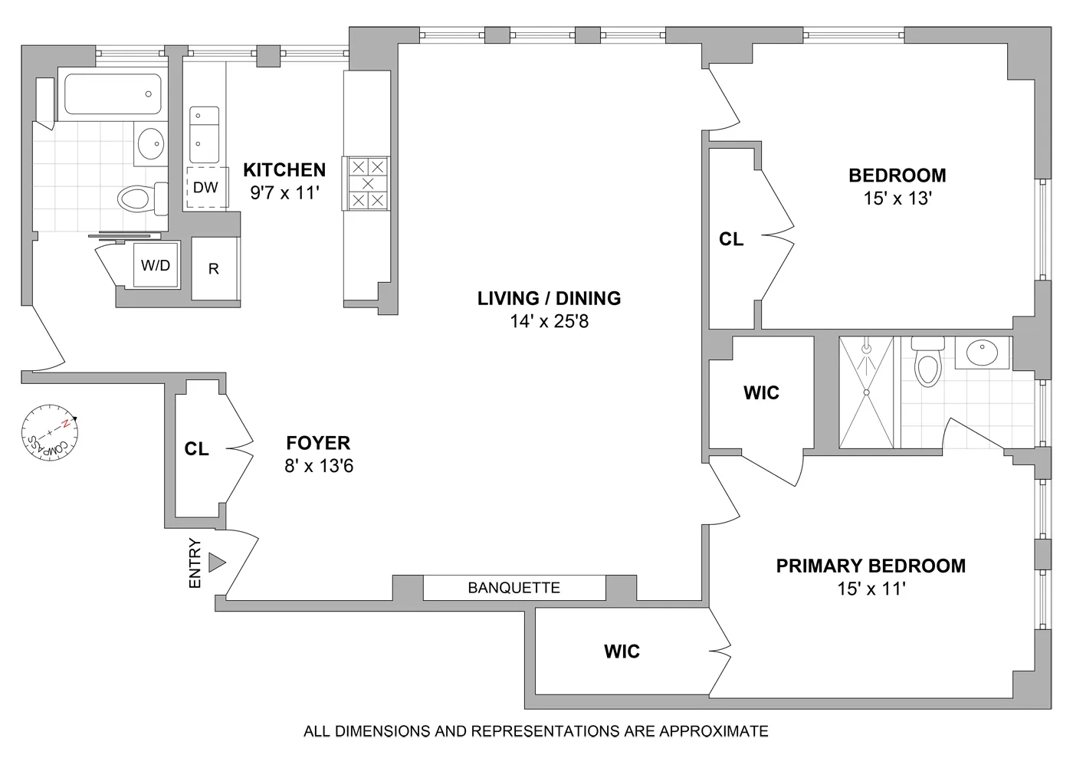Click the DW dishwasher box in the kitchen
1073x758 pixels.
(x=206, y=187)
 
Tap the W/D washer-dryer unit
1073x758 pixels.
(x=156, y=265)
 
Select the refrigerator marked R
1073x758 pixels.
(x=214, y=269)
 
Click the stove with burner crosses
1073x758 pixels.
(x=368, y=184)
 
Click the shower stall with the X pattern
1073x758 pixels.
(x=867, y=392)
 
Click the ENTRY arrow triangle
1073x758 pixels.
(x=217, y=563)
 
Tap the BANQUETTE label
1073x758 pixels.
(x=514, y=588)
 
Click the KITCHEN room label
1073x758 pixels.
(x=284, y=169)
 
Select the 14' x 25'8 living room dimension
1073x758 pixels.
(x=549, y=321)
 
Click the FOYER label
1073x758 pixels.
(x=318, y=442)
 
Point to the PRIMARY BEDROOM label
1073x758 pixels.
(x=871, y=566)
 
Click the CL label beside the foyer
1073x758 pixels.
(x=197, y=449)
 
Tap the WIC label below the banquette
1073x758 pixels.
(x=622, y=651)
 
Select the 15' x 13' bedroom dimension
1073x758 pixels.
(x=897, y=199)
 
